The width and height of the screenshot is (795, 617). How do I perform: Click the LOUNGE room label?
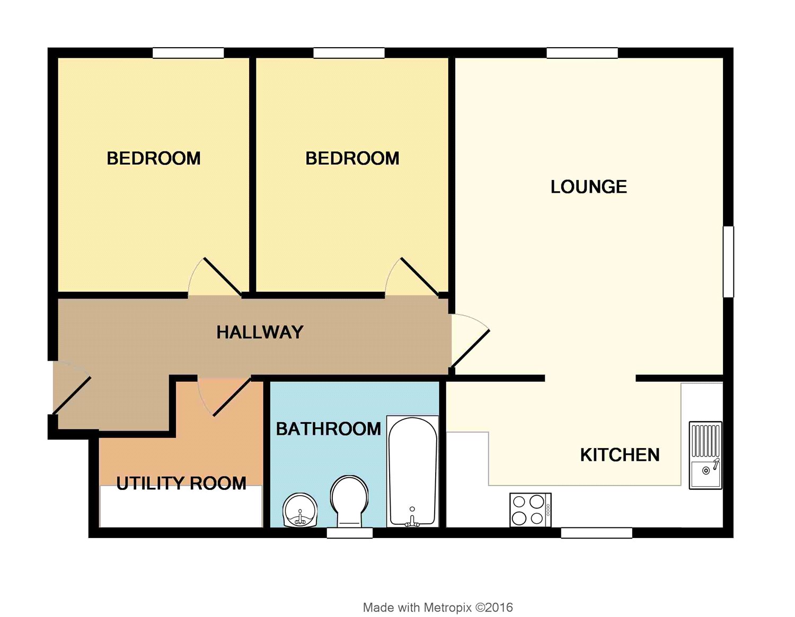pyautogui.click(x=588, y=187)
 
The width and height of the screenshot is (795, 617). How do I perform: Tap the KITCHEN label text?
pyautogui.click(x=620, y=455)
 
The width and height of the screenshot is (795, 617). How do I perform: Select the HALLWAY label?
pyautogui.click(x=260, y=333)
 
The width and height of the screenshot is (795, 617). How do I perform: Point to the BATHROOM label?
pyautogui.click(x=328, y=428)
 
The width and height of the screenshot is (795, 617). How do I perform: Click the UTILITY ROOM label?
pyautogui.click(x=181, y=483)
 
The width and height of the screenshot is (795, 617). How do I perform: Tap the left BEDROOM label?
pyautogui.click(x=154, y=158)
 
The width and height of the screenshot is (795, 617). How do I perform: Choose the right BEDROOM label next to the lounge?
pyautogui.click(x=352, y=158)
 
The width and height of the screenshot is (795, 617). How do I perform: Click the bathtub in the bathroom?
pyautogui.click(x=412, y=471)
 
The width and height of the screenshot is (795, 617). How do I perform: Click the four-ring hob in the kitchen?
pyautogui.click(x=530, y=509)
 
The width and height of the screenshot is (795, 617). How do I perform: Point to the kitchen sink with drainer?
pyautogui.click(x=705, y=455)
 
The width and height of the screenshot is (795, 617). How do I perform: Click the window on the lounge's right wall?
pyautogui.click(x=729, y=262)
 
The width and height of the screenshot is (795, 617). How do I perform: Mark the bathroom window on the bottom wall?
pyautogui.click(x=350, y=533)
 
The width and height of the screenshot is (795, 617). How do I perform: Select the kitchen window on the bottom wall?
pyautogui.click(x=596, y=533)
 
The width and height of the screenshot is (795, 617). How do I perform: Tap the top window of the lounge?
pyautogui.click(x=582, y=53)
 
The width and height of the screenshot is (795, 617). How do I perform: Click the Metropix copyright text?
pyautogui.click(x=438, y=607)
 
